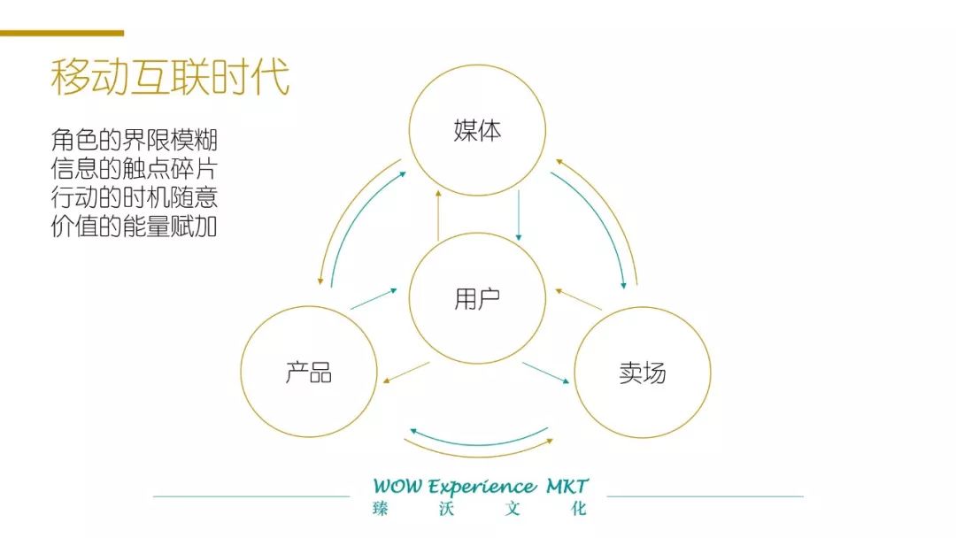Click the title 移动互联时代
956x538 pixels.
[170, 77]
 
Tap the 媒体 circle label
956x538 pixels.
[477, 131]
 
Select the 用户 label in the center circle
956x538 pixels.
[477, 299]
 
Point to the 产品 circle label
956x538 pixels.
[309, 372]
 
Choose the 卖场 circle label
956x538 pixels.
[643, 373]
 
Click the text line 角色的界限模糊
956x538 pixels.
[134, 140]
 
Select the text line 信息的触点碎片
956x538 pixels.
[134, 169]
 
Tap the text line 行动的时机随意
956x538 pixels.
[134, 198]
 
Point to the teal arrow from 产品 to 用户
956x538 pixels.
[374, 298]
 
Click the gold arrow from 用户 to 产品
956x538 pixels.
[406, 373]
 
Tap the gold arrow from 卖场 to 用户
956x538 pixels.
[579, 299]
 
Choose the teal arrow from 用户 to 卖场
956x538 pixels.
[546, 373]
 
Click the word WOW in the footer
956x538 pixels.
[397, 487]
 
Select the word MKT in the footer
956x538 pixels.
[567, 487]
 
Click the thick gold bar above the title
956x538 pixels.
[62, 34]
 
